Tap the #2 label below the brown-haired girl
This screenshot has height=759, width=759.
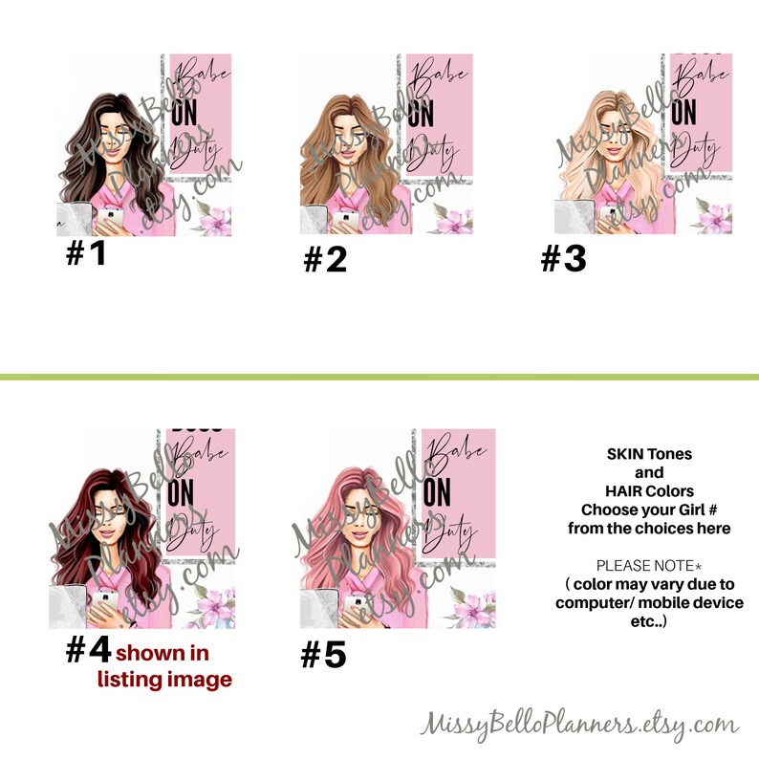[x=325, y=259]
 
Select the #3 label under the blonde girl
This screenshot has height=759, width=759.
[x=563, y=258]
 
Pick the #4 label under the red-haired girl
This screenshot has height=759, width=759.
[x=88, y=652]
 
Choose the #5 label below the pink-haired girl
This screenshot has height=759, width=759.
[x=324, y=655]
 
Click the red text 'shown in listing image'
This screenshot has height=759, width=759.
[x=164, y=667]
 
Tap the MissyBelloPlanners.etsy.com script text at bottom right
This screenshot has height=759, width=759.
[x=579, y=723]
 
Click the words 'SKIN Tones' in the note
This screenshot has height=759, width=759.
[x=649, y=453]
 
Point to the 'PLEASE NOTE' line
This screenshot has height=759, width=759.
[x=649, y=566]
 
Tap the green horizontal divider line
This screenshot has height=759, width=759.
[x=379, y=378]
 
